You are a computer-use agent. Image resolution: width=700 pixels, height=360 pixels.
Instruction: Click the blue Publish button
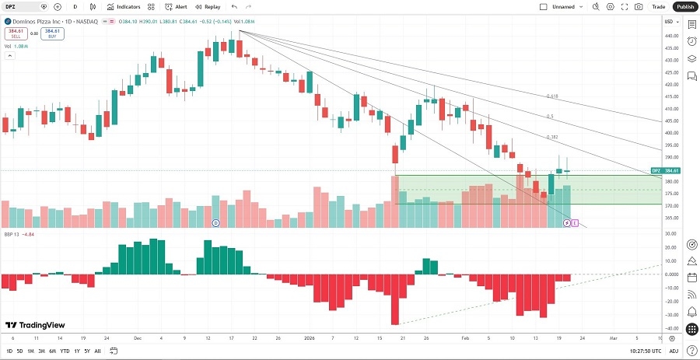684,6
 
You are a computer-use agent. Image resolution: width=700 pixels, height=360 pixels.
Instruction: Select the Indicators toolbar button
123,6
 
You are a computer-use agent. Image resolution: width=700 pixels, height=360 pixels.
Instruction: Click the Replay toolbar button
208,6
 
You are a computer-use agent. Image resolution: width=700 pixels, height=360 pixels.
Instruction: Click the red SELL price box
15,33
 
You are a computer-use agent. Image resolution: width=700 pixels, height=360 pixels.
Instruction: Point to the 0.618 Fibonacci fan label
553,96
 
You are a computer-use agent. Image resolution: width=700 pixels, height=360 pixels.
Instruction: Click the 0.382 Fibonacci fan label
552,137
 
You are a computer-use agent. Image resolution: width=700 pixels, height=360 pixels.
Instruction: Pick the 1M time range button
30,351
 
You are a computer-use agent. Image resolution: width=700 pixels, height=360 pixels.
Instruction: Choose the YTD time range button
65,351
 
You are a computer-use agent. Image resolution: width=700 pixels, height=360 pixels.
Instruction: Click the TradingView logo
35,325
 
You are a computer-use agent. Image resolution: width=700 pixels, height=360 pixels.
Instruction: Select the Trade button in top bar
659,6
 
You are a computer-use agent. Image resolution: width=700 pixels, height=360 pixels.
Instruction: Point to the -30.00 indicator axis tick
670,314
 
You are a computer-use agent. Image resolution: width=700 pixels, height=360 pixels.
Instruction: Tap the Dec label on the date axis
137,339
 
